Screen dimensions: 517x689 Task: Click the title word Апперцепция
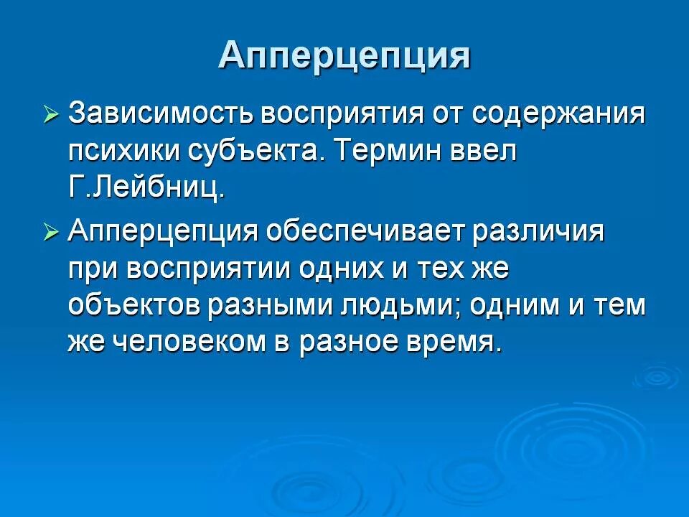(344, 55)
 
